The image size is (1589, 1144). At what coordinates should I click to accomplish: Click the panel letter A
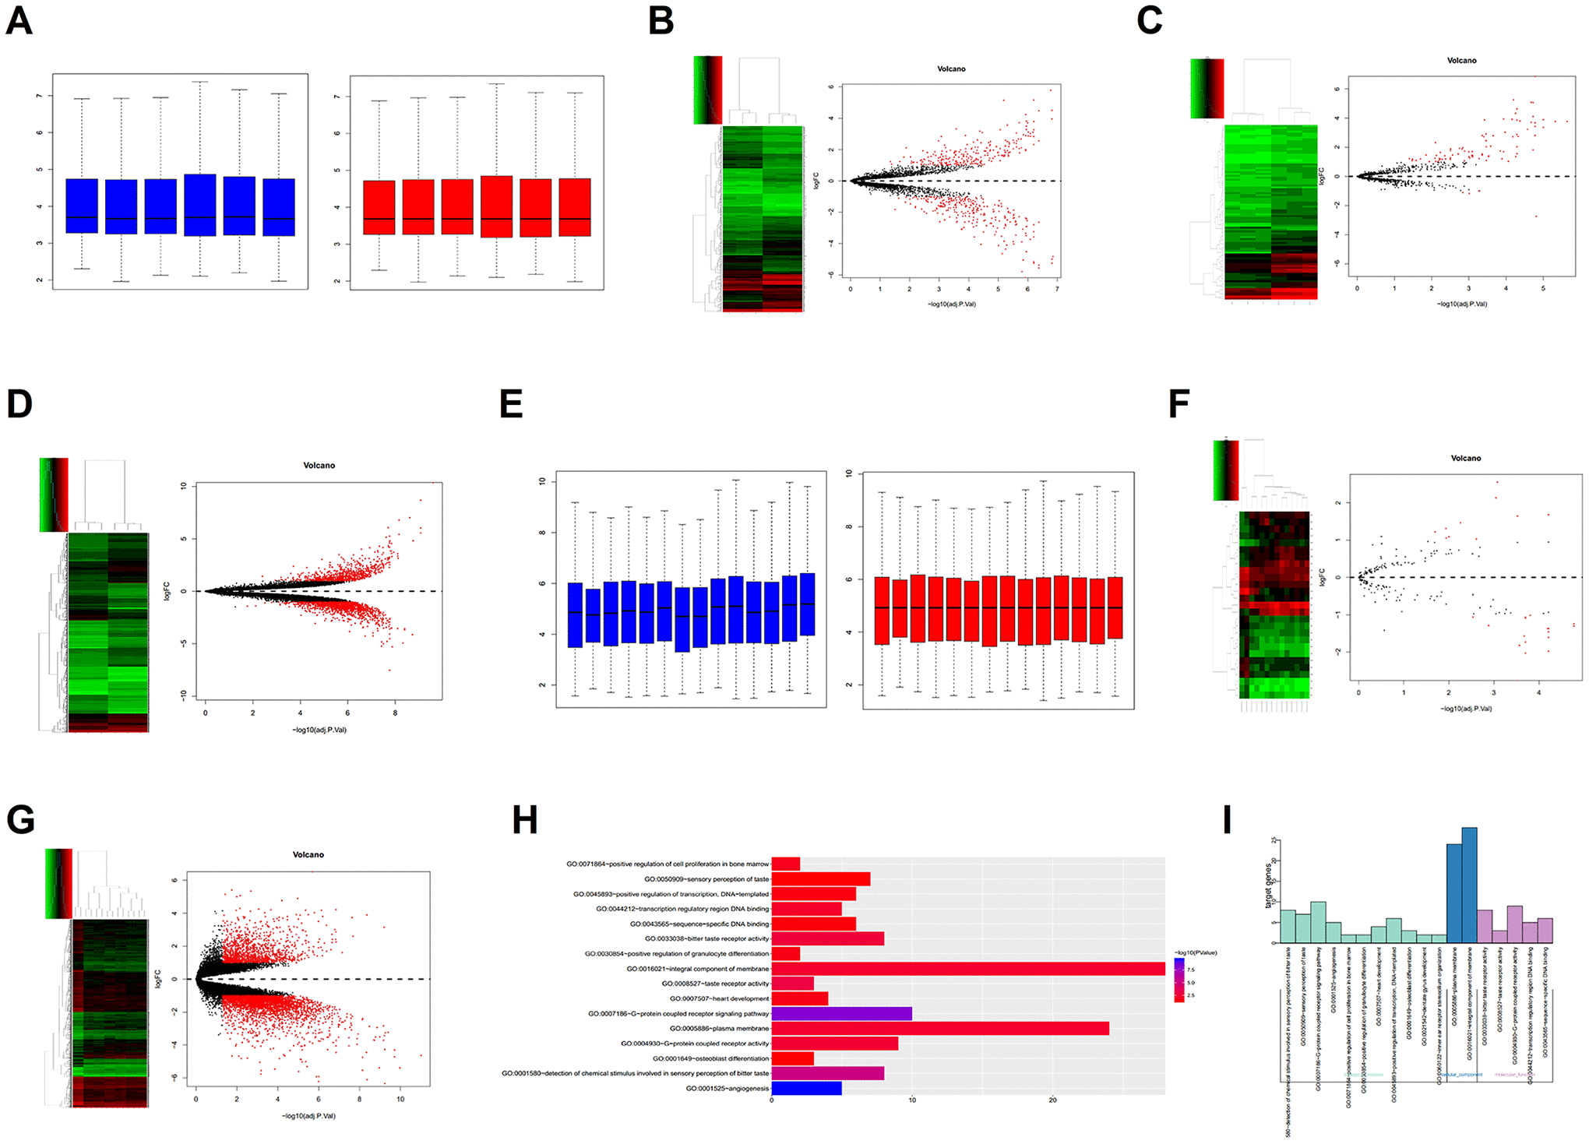click(19, 21)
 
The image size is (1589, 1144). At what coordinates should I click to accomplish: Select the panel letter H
click(525, 820)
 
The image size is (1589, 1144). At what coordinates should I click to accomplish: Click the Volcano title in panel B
click(951, 69)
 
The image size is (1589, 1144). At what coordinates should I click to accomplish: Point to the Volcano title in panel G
click(308, 855)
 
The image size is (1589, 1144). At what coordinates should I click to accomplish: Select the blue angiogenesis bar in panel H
click(806, 1089)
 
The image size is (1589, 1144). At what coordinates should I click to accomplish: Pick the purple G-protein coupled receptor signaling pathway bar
click(841, 1014)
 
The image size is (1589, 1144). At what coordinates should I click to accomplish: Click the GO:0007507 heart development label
click(719, 999)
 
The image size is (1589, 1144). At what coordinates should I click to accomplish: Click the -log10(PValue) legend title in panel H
click(1195, 952)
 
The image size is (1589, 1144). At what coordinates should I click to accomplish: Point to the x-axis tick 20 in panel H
click(1053, 1100)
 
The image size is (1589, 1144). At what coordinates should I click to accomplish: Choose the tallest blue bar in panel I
click(1469, 885)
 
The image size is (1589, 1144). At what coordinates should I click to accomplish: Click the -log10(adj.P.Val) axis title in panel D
click(319, 730)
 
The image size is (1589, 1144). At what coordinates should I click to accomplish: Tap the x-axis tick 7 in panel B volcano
click(1057, 289)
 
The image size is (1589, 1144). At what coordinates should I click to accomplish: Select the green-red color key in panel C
click(1207, 89)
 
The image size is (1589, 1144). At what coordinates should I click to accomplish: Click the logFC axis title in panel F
click(1323, 577)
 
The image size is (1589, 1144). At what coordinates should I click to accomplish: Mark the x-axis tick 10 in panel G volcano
click(400, 1100)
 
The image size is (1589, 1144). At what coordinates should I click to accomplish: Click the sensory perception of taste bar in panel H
click(820, 879)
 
